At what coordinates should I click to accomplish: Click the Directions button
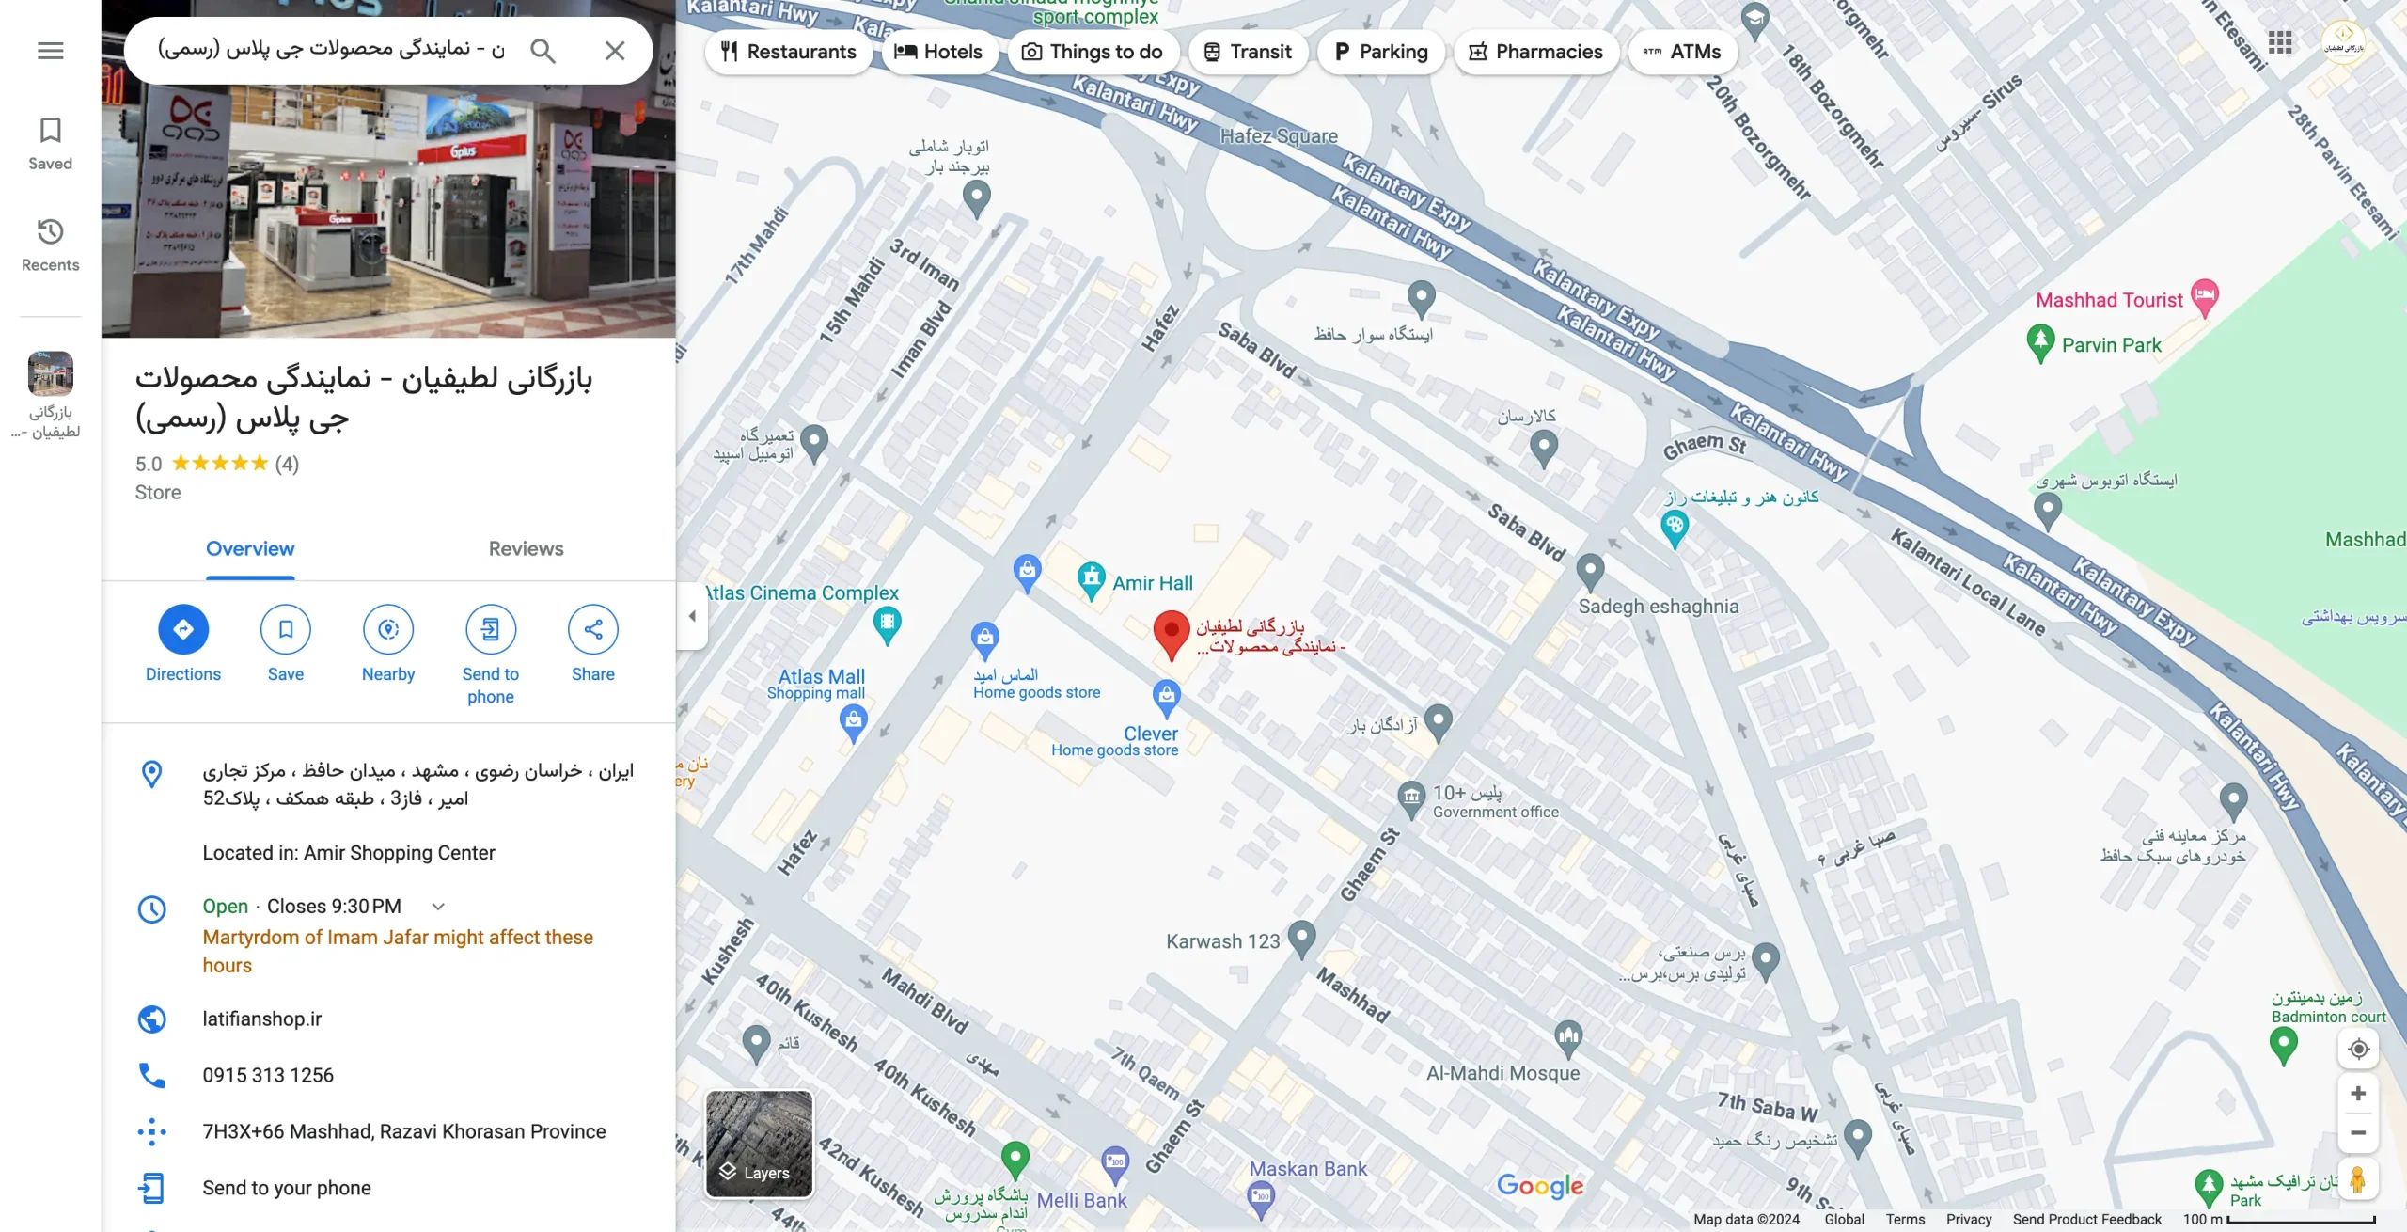182,629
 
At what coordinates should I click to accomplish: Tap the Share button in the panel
592,629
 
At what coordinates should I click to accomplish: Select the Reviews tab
526,549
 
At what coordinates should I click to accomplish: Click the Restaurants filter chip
788,52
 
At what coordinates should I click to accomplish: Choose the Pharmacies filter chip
1535,52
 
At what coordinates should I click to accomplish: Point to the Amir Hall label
1152,583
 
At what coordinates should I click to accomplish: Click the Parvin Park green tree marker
2039,342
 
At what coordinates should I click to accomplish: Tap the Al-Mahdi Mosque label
1502,1073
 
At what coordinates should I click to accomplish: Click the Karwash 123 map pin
1301,938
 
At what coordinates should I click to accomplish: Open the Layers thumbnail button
759,1144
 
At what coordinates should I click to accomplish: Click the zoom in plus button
2357,1094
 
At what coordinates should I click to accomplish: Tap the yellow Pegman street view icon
2357,1180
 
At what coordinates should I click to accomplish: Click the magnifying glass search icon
543,51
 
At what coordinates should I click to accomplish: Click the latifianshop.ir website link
261,1019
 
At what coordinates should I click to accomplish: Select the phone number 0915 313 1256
268,1076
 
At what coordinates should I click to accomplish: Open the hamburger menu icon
51,51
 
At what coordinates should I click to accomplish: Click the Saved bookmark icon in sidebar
51,131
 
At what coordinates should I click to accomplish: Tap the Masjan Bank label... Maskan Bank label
1308,1169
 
